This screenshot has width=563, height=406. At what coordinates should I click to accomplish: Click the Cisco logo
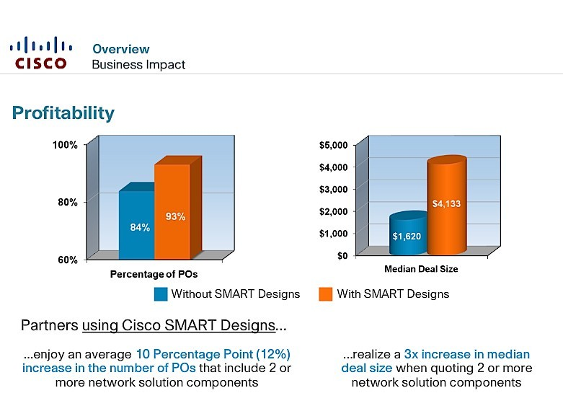[x=41, y=53]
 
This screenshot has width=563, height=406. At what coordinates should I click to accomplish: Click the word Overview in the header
[x=121, y=49]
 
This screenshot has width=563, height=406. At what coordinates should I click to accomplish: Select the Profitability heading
[x=63, y=112]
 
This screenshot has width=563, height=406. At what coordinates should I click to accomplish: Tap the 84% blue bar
[x=137, y=224]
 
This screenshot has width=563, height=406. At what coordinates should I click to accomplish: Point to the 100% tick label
[x=65, y=145]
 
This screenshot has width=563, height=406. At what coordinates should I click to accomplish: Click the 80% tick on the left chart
[x=68, y=203]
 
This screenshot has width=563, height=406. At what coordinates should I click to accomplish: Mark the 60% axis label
[x=68, y=260]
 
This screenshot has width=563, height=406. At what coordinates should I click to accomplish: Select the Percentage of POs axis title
[x=154, y=274]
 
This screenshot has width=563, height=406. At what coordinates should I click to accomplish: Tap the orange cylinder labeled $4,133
[x=447, y=204]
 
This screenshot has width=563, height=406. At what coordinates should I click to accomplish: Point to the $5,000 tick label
[x=334, y=145]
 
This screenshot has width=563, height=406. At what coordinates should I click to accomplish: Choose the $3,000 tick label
[x=334, y=189]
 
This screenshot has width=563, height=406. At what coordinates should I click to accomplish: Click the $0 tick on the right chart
[x=342, y=255]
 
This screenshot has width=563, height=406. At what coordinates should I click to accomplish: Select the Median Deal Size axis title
[x=421, y=269]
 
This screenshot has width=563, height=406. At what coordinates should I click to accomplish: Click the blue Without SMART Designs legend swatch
[x=161, y=294]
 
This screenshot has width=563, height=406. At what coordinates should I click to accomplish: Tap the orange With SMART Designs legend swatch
[x=326, y=294]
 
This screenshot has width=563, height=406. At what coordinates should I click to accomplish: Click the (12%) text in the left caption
[x=273, y=354]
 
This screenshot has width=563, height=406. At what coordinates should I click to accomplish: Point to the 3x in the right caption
[x=411, y=354]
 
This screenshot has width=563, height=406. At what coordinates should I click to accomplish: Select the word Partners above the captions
[x=50, y=325]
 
